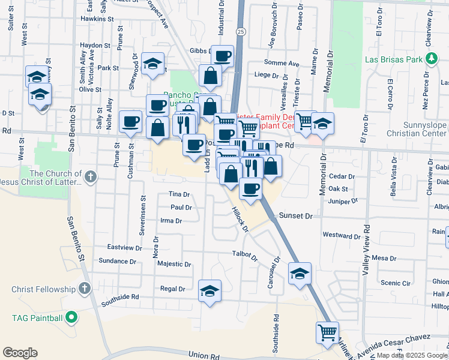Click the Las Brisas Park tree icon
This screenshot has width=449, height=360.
430,58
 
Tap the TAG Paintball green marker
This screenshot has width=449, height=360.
71,317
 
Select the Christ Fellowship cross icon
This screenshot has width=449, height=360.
84,289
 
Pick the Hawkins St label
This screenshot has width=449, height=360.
97,19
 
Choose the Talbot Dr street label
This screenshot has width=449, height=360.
245,254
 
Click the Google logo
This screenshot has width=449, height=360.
20,353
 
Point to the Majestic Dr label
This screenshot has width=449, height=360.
174,264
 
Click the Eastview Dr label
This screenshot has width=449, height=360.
124,247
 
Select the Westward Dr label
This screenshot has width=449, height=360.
340,235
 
